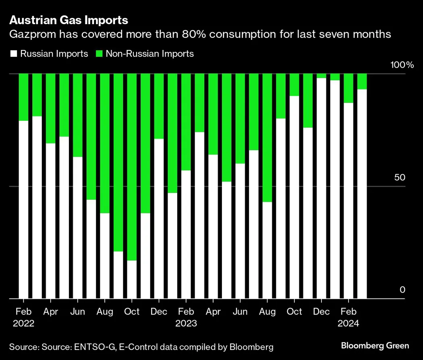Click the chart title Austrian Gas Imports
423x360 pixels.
[69, 20]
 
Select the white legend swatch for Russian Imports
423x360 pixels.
[13, 54]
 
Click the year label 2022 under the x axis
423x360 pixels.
[24, 323]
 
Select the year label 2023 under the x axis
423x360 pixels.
[186, 323]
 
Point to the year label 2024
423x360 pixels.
[348, 323]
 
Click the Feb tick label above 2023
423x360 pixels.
[186, 312]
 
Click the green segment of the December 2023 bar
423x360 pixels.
[321, 76]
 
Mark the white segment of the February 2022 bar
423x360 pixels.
[24, 209]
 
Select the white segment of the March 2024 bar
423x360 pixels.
[362, 194]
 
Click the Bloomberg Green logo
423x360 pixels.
[375, 346]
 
